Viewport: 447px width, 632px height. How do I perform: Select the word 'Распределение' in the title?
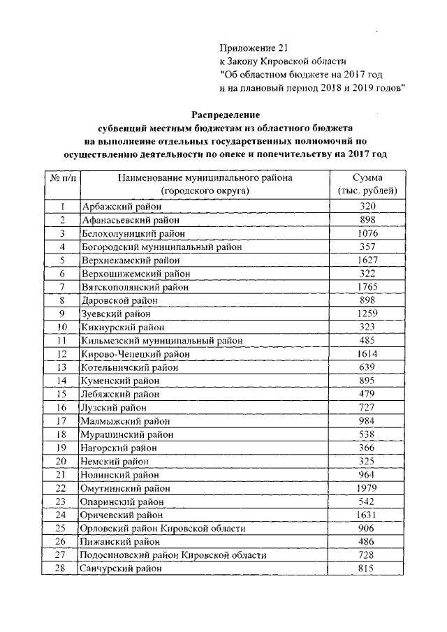[226, 114]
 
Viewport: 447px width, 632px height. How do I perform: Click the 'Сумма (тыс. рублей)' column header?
[367, 184]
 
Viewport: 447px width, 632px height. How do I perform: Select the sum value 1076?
[367, 233]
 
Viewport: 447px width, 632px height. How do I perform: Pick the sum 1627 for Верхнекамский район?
[367, 260]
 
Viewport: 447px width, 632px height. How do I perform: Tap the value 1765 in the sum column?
[367, 286]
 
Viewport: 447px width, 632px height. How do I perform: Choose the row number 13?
[62, 367]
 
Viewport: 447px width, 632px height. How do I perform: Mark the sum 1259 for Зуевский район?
[367, 314]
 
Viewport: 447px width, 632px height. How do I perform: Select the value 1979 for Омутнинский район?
[367, 487]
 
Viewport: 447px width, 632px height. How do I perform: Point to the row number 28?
[62, 568]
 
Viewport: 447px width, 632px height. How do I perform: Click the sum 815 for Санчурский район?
[367, 568]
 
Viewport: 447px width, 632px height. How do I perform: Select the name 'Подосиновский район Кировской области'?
[174, 555]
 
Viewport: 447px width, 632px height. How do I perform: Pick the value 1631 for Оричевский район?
[367, 515]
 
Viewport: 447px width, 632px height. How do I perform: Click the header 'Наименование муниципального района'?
[205, 178]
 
